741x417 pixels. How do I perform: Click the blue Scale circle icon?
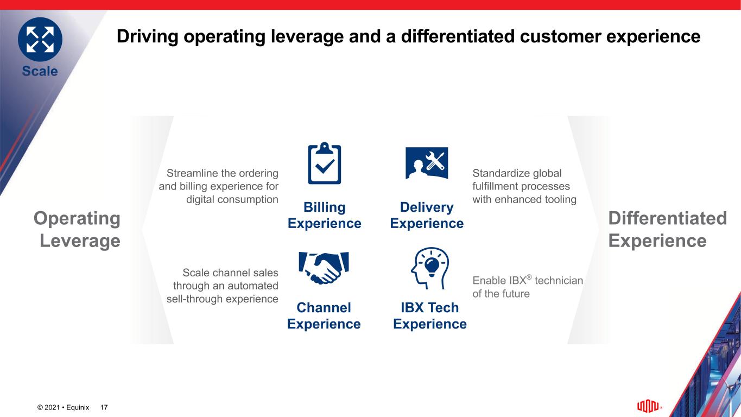pyautogui.click(x=40, y=40)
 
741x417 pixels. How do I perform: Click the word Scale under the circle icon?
pyautogui.click(x=40, y=71)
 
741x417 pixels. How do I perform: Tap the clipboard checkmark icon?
pyautogui.click(x=324, y=163)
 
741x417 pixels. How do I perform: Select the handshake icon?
pyautogui.click(x=324, y=268)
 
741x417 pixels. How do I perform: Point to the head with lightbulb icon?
pyautogui.click(x=430, y=268)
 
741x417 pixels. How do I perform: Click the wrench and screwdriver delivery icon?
pyautogui.click(x=427, y=163)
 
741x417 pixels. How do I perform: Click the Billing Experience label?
pyautogui.click(x=324, y=215)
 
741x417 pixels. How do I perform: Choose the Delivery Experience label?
pyautogui.click(x=427, y=215)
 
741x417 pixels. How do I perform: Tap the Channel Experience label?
pyautogui.click(x=324, y=315)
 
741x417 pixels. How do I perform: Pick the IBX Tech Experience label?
pyautogui.click(x=430, y=315)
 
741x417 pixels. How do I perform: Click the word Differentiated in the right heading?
pyautogui.click(x=668, y=218)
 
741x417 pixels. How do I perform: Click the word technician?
pyautogui.click(x=559, y=280)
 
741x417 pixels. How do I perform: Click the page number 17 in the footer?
pyautogui.click(x=104, y=407)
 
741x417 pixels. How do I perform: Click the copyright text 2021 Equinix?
pyautogui.click(x=63, y=407)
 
